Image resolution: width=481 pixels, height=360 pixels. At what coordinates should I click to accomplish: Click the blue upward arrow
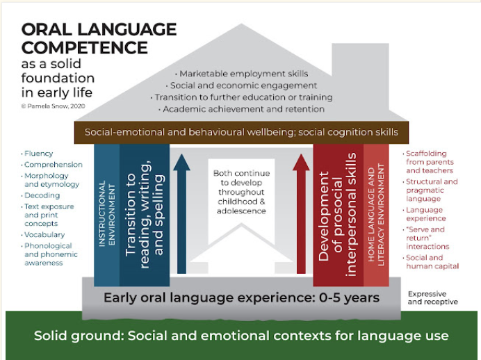click(x=181, y=214)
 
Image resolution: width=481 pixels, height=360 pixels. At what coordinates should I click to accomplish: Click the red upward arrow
click(x=301, y=214)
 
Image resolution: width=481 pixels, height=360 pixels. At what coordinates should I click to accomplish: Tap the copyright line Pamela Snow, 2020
click(x=53, y=106)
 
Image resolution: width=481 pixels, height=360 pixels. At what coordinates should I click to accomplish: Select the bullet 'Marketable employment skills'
click(x=241, y=74)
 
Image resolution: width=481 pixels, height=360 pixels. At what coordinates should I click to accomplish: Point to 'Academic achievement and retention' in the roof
click(x=241, y=109)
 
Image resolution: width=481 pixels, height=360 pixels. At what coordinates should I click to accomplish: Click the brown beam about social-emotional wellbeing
click(x=241, y=133)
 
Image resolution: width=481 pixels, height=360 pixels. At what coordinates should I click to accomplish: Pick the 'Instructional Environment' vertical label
click(x=107, y=214)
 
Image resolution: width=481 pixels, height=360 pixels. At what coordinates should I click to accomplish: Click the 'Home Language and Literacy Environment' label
click(x=376, y=215)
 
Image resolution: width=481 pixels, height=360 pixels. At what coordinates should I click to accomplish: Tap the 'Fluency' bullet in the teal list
click(x=37, y=154)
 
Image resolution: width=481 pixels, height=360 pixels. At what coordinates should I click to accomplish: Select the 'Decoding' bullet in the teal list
click(x=40, y=195)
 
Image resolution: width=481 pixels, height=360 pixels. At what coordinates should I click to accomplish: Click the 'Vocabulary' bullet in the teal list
click(x=42, y=235)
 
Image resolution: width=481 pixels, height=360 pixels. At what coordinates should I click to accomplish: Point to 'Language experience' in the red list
click(x=424, y=214)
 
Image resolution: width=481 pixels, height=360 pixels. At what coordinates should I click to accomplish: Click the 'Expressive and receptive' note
click(x=433, y=297)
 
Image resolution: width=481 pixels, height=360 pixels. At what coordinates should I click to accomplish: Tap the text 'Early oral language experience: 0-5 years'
click(x=241, y=297)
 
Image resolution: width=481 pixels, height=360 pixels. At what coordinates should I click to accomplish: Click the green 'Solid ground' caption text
click(x=241, y=336)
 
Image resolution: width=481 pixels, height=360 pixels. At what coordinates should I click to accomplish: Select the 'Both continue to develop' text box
click(x=241, y=192)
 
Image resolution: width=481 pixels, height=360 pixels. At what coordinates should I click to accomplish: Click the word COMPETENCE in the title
click(x=85, y=48)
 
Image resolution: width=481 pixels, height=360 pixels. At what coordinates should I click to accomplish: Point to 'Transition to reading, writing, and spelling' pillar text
click(x=144, y=214)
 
